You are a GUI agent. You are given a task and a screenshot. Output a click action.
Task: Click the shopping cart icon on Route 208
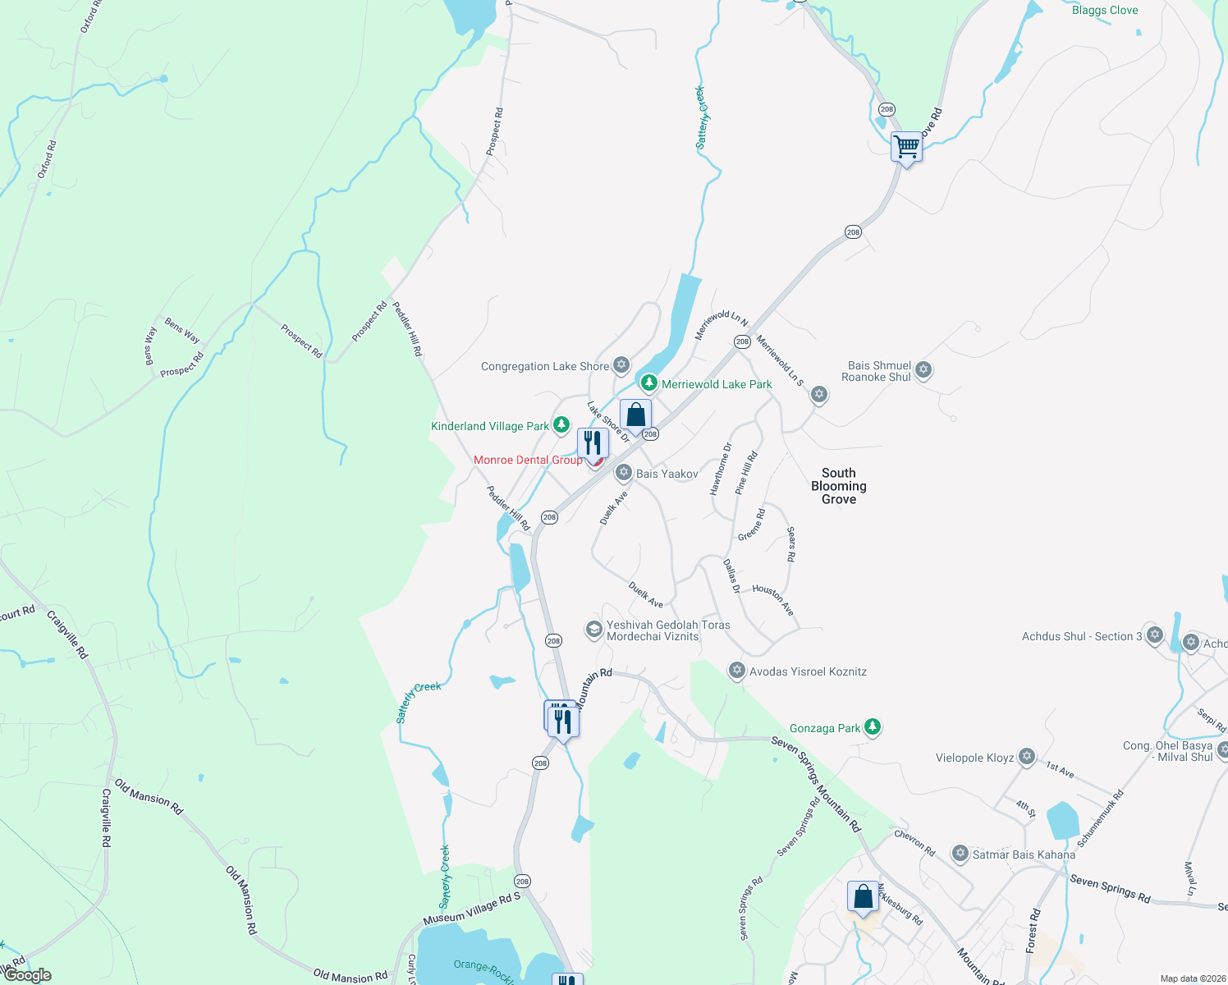tap(906, 148)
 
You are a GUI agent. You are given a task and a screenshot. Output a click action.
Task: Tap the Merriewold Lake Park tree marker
tap(648, 383)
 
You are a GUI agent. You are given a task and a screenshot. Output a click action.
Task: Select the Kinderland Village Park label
tap(490, 426)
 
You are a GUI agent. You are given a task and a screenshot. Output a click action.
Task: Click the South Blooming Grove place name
tap(838, 486)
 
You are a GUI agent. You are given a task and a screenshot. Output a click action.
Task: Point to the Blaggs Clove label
tap(1105, 11)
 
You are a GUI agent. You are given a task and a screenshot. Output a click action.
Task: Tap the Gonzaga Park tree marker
tap(873, 726)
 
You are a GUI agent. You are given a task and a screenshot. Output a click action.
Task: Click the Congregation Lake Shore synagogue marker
tap(621, 364)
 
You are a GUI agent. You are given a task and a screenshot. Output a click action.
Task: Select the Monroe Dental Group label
tap(528, 460)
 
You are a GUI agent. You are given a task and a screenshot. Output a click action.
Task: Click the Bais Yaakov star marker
tap(623, 473)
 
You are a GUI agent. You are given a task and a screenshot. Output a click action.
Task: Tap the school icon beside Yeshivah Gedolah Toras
tap(593, 630)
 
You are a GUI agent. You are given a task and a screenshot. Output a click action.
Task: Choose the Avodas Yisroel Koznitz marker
tap(736, 671)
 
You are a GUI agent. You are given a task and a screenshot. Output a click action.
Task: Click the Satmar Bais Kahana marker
tap(960, 854)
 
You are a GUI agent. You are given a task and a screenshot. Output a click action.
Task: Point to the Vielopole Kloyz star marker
tap(1026, 757)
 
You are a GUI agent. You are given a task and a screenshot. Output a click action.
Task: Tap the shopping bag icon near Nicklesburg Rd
tap(863, 897)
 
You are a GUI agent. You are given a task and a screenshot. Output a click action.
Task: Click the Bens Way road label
tap(182, 331)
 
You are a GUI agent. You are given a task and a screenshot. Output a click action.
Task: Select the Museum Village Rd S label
tap(472, 908)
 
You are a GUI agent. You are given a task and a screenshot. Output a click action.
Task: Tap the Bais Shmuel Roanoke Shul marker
tap(923, 370)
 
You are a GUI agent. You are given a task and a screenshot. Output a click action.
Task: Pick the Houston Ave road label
tap(773, 600)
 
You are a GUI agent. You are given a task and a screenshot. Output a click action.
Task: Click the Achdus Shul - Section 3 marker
tap(1154, 635)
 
